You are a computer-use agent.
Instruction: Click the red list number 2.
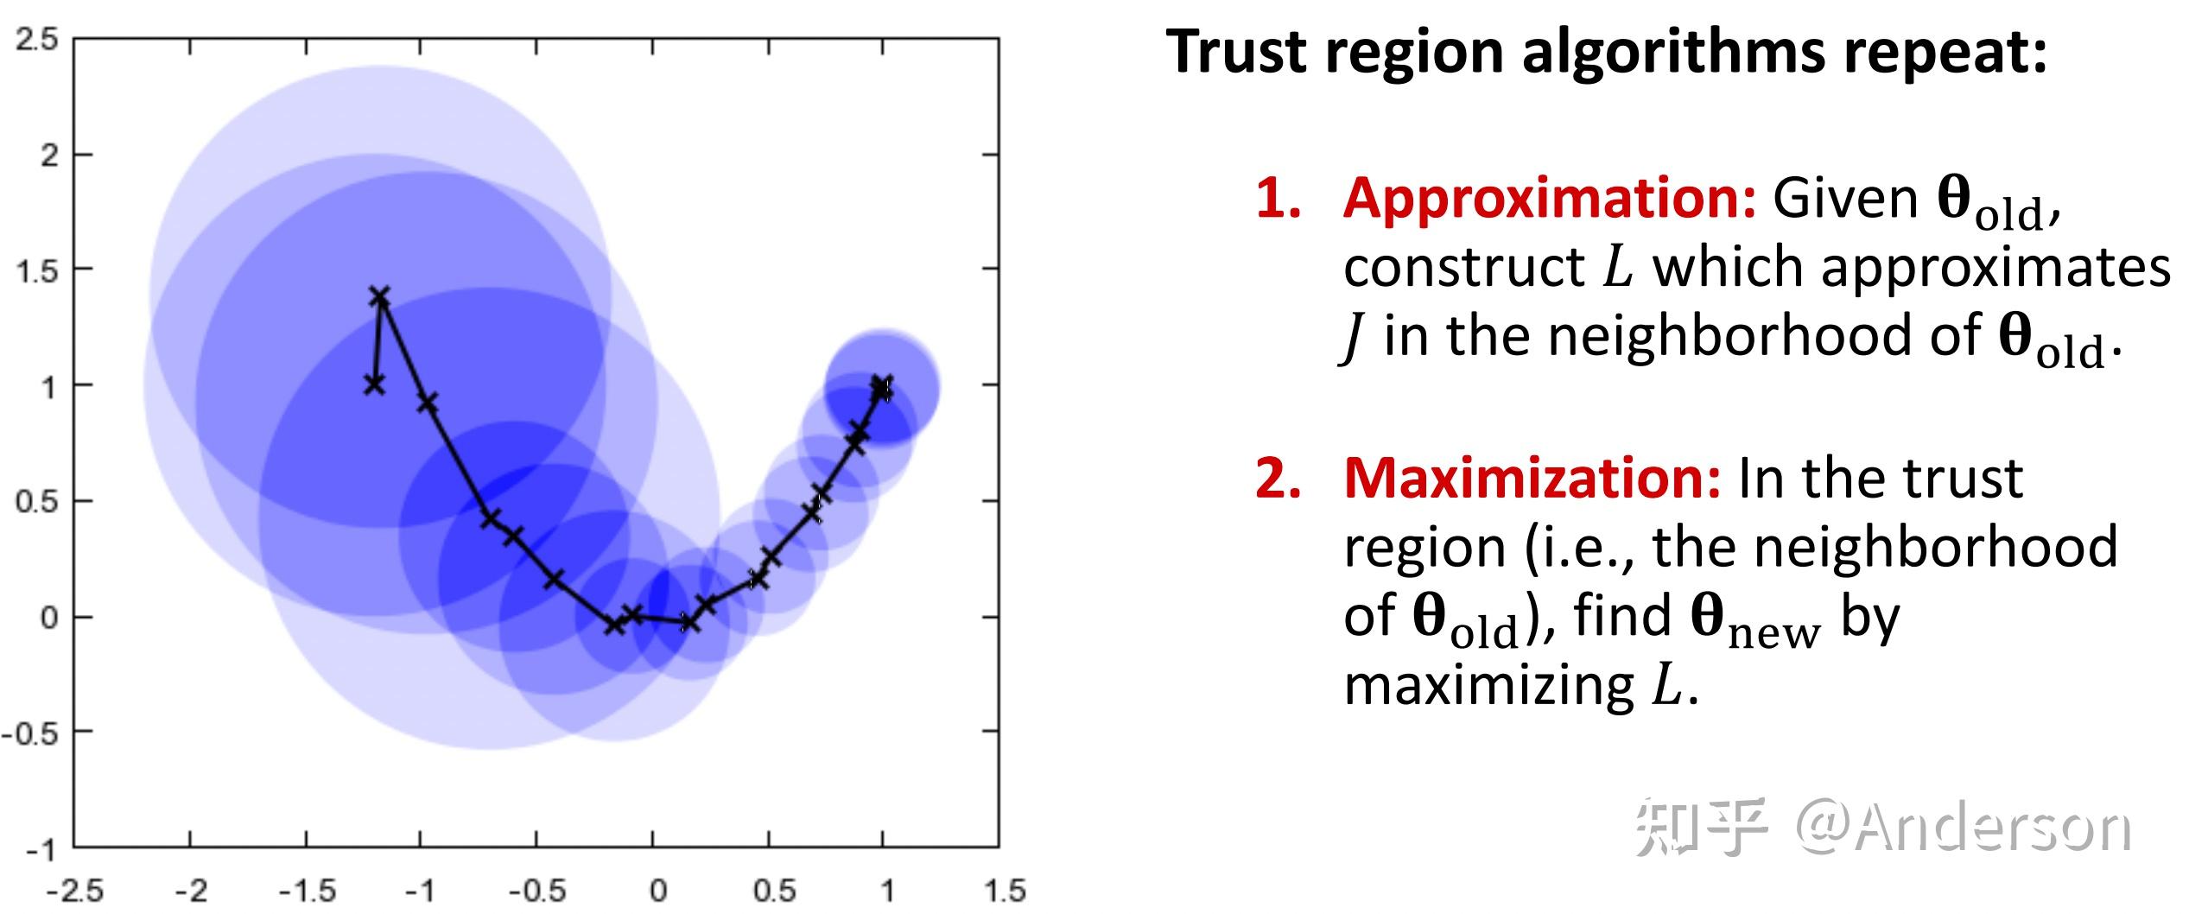pyautogui.click(x=1278, y=479)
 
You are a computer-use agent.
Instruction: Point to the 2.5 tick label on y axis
pyautogui.click(x=35, y=40)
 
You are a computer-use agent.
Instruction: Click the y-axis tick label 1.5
pyautogui.click(x=35, y=271)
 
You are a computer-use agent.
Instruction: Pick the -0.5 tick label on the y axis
pyautogui.click(x=31, y=734)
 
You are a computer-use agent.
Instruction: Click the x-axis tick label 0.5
pyautogui.click(x=774, y=891)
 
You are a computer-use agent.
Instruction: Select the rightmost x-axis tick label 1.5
pyautogui.click(x=1006, y=891)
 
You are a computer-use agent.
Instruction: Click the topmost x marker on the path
pyautogui.click(x=380, y=297)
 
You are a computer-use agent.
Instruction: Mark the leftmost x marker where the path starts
pyautogui.click(x=373, y=384)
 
